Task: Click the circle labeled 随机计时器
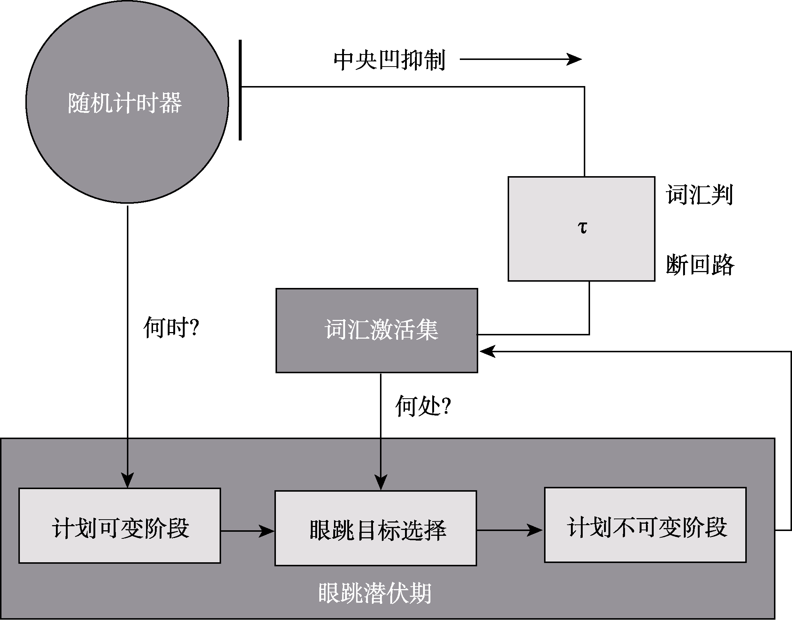pyautogui.click(x=127, y=102)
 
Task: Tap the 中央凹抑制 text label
pyautogui.click(x=389, y=60)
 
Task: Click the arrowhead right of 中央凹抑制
pyautogui.click(x=574, y=59)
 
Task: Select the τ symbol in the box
pyautogui.click(x=582, y=228)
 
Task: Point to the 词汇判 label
pyautogui.click(x=699, y=195)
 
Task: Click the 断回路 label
pyautogui.click(x=700, y=265)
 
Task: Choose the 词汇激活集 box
pyautogui.click(x=377, y=330)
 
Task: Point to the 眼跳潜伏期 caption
pyautogui.click(x=374, y=593)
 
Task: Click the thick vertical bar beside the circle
pyautogui.click(x=240, y=90)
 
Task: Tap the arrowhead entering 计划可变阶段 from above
pyautogui.click(x=127, y=481)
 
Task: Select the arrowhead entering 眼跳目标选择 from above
pyautogui.click(x=381, y=483)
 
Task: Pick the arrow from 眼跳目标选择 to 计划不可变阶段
pyautogui.click(x=509, y=530)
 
